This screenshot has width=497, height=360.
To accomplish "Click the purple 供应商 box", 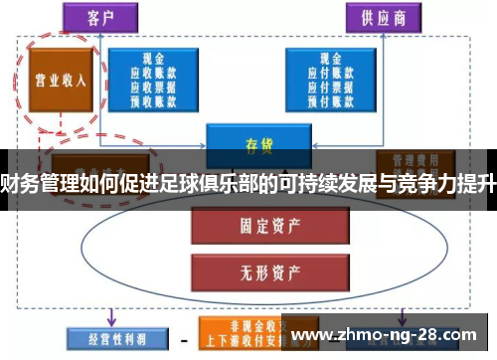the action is click(x=382, y=17).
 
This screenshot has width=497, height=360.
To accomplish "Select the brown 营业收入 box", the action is click(x=62, y=80).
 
